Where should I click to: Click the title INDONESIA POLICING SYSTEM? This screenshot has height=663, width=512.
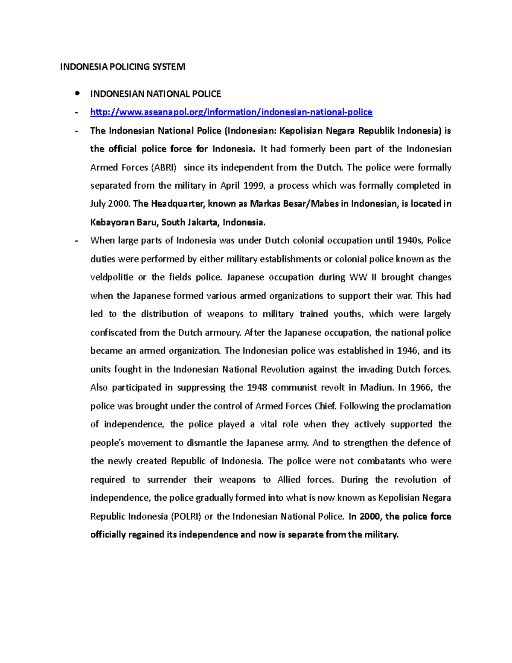122,67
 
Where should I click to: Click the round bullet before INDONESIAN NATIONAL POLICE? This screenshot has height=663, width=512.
77,93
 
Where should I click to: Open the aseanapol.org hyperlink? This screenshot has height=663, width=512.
231,112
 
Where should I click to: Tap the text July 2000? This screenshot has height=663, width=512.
109,204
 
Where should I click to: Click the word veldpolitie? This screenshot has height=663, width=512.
112,277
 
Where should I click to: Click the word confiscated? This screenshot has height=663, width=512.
111,333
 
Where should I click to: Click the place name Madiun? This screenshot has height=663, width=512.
376,388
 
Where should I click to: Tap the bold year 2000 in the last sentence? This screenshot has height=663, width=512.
369,517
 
